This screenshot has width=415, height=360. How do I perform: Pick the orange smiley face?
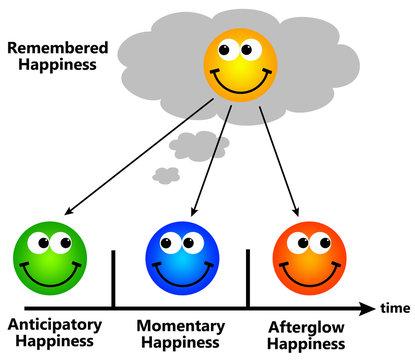click(x=307, y=257)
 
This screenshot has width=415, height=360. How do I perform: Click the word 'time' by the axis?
click(x=395, y=307)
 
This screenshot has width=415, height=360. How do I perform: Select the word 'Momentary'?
click(x=180, y=327)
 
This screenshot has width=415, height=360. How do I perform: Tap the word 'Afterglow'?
click(x=309, y=326)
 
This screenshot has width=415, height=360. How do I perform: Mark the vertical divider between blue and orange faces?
click(x=247, y=278)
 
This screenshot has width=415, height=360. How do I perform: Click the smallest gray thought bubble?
click(x=166, y=176)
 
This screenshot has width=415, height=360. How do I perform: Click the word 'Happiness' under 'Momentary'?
click(x=180, y=344)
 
